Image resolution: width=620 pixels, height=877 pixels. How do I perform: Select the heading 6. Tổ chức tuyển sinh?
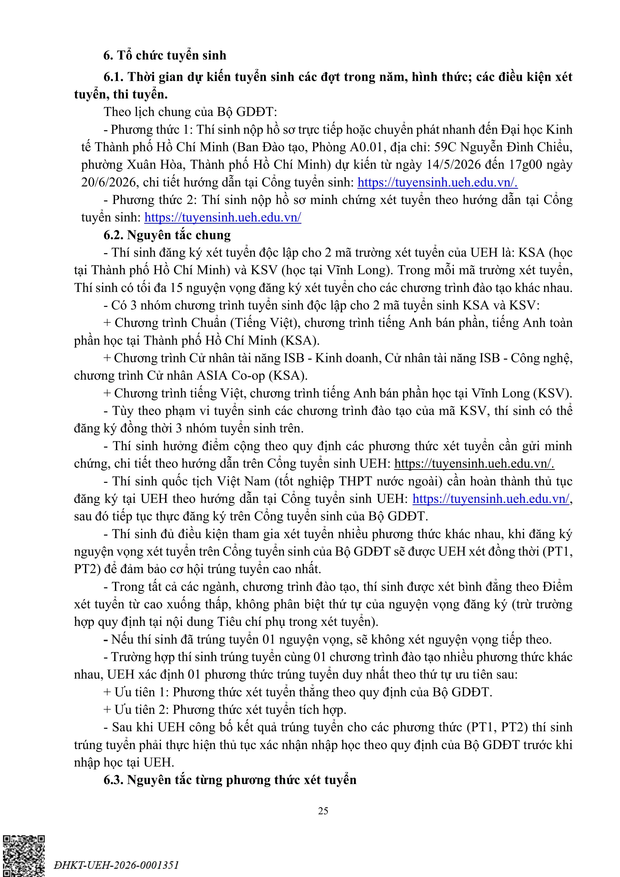[165, 55]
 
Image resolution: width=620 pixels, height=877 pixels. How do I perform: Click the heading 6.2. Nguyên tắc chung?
[167, 235]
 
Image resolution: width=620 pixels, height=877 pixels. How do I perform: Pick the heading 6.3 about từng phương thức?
[230, 780]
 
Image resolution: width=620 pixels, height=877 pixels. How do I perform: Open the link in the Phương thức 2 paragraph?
[223, 217]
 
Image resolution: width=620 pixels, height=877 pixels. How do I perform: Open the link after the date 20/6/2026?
[437, 182]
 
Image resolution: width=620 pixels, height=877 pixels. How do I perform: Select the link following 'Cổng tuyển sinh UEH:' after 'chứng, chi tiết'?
[474, 463]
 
